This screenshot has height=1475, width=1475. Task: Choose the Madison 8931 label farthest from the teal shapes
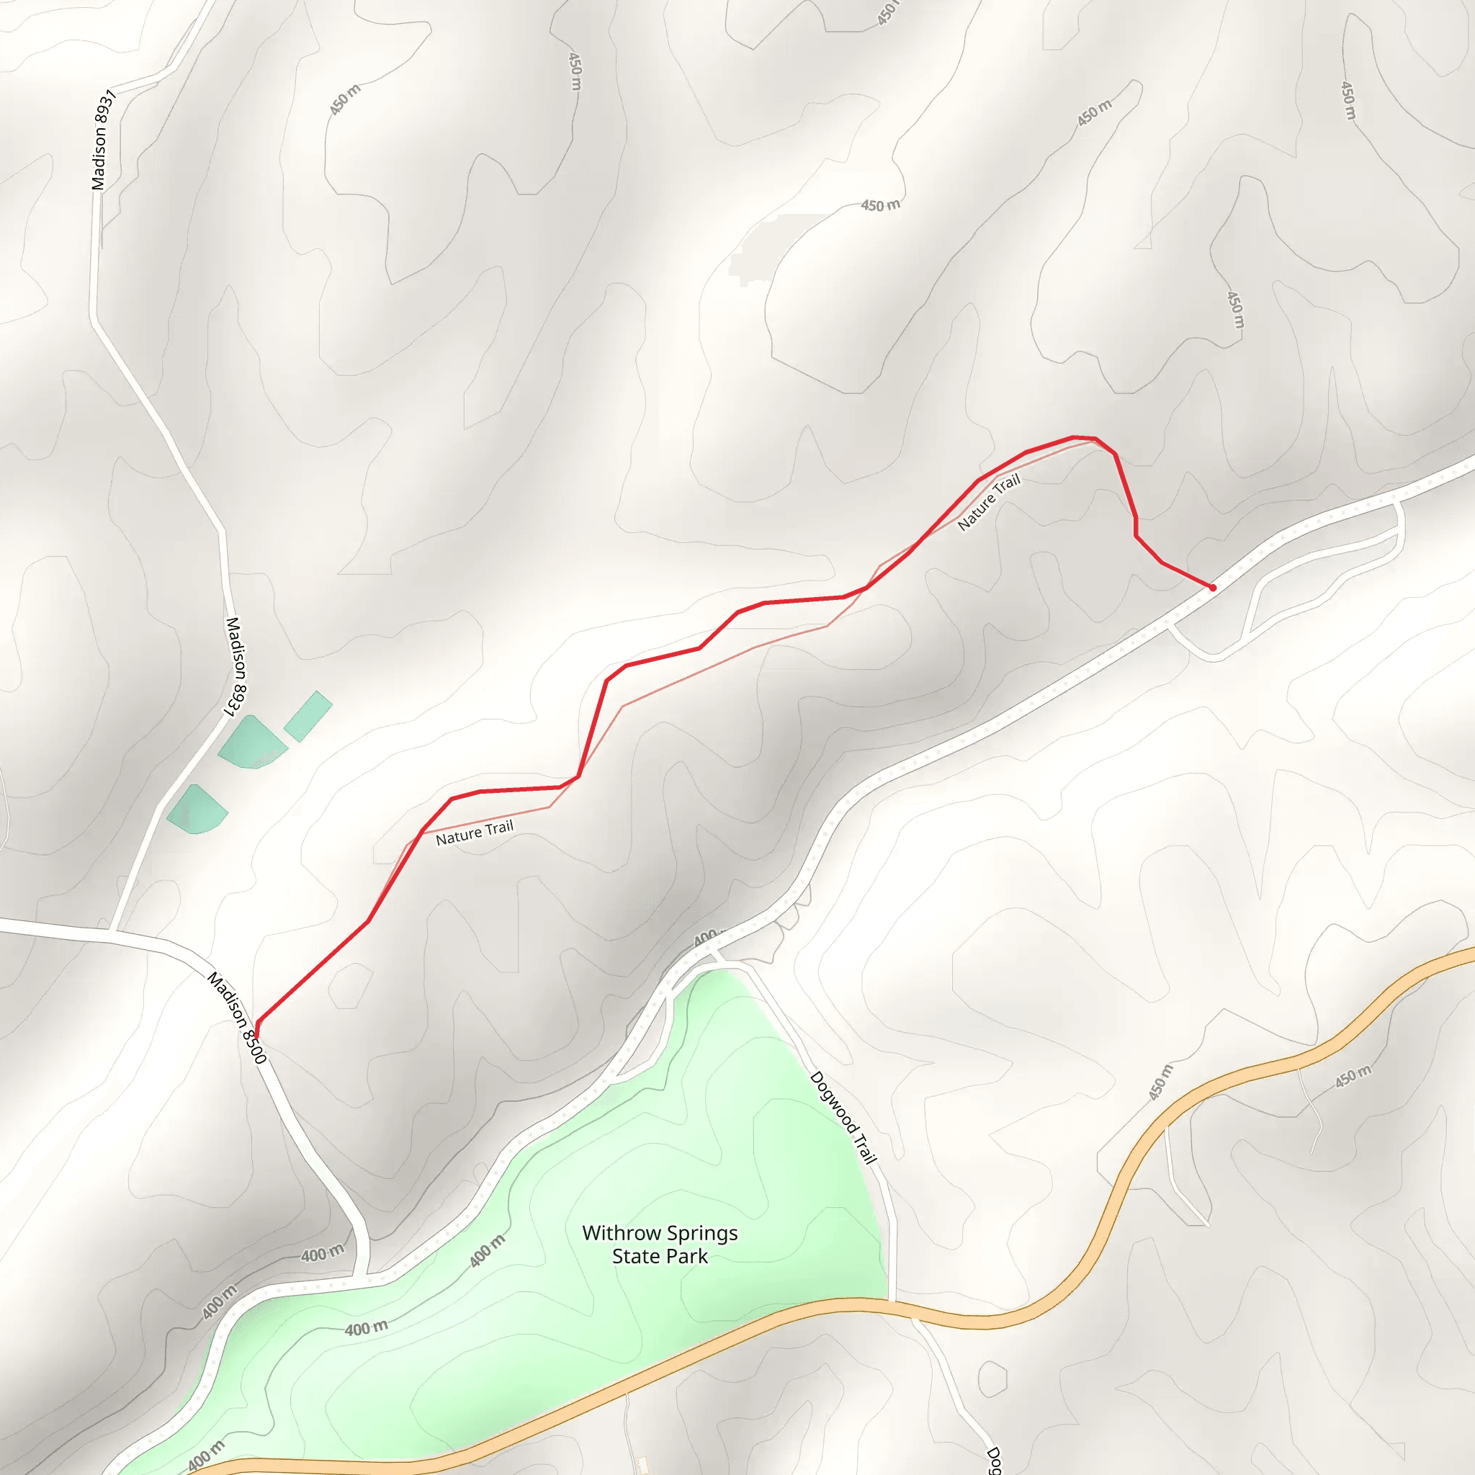(x=102, y=139)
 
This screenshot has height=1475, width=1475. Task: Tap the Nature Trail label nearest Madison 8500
(x=474, y=833)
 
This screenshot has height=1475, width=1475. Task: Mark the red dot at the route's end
(x=1212, y=587)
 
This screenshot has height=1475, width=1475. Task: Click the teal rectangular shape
(x=308, y=715)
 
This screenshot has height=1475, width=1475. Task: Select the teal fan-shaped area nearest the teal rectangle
(x=251, y=741)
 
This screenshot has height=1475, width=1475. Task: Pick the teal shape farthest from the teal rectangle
(x=197, y=810)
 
